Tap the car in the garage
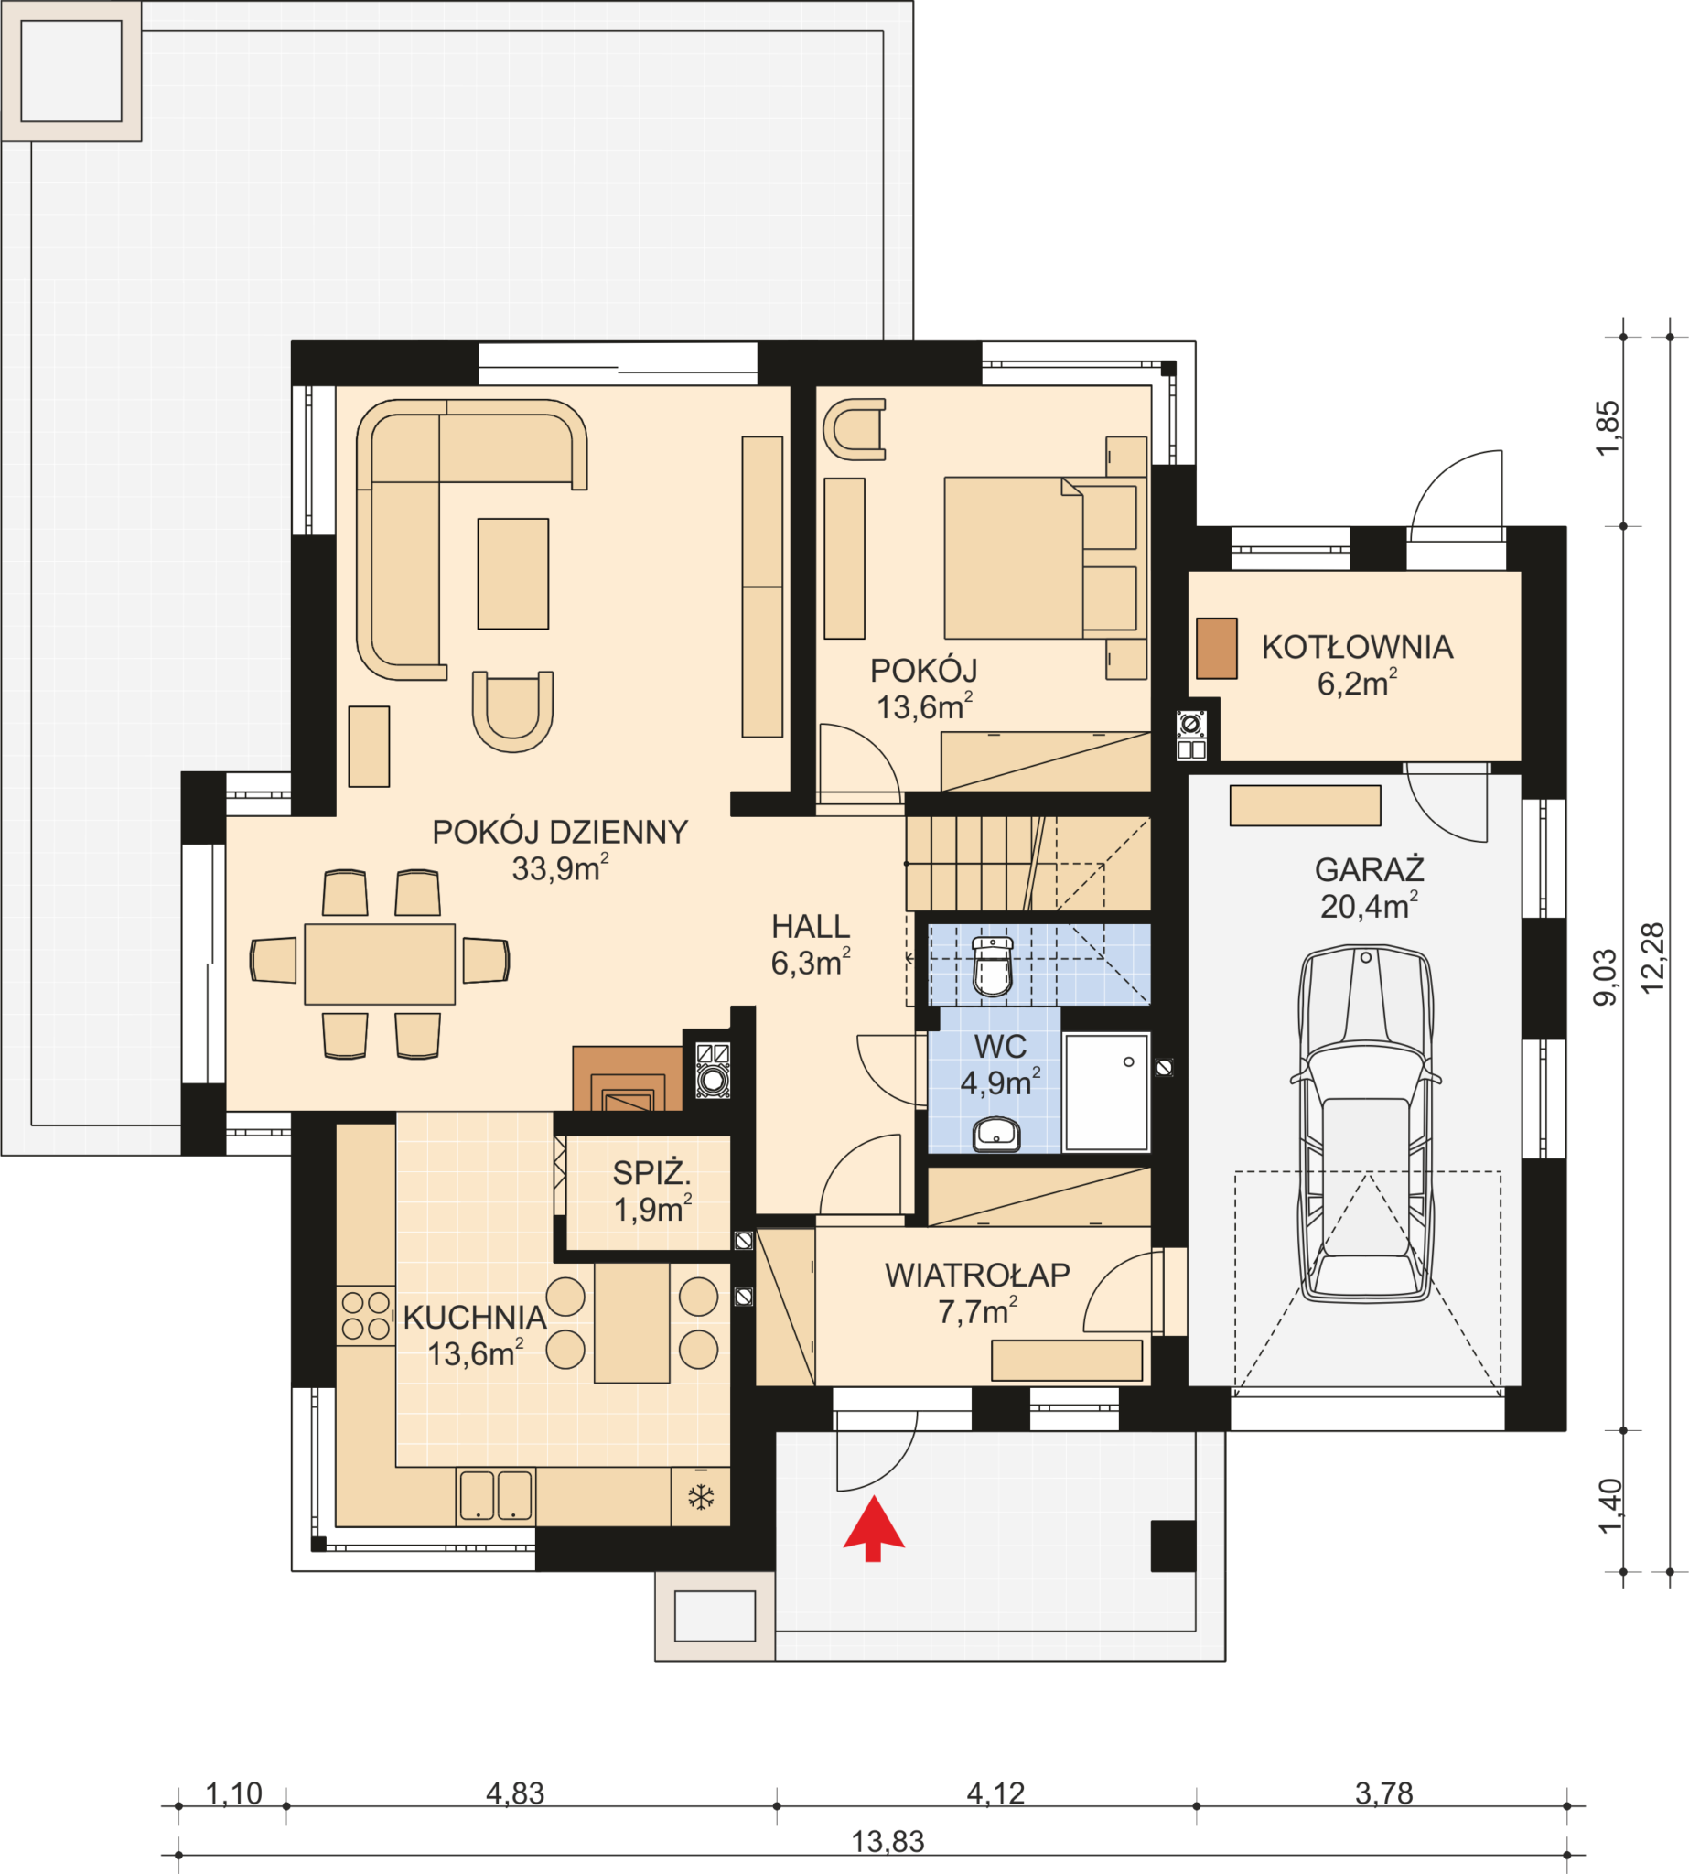pyautogui.click(x=1365, y=1124)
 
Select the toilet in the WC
pyautogui.click(x=992, y=966)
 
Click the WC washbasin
pyautogui.click(x=995, y=1135)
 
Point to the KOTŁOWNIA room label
pyautogui.click(x=1356, y=647)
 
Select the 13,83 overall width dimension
pyautogui.click(x=888, y=1841)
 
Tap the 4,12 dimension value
pyautogui.click(x=995, y=1793)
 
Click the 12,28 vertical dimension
pyautogui.click(x=1652, y=959)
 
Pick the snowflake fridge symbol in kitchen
pyautogui.click(x=701, y=1497)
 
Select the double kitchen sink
pyautogui.click(x=496, y=1495)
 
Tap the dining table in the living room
pyautogui.click(x=380, y=964)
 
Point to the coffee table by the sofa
pyautogui.click(x=512, y=574)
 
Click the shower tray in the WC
pyautogui.click(x=1106, y=1093)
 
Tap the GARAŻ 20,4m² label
pyautogui.click(x=1369, y=888)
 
